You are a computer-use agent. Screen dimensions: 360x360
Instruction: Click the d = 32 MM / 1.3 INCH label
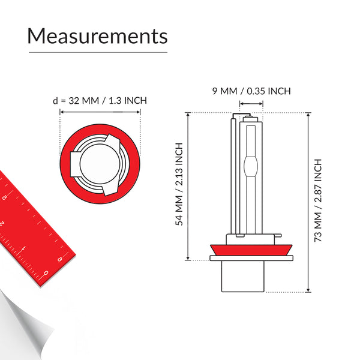click(100, 100)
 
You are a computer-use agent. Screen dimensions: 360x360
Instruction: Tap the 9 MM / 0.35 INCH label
click(251, 91)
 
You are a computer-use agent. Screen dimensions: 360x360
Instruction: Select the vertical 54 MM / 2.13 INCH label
click(178, 184)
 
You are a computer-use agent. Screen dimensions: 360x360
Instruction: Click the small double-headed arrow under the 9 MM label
click(251, 103)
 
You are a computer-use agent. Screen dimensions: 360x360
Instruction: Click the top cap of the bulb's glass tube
click(251, 119)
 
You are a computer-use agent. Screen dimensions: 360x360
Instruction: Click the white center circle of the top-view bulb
click(100, 162)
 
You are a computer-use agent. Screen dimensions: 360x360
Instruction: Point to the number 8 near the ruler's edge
click(60, 259)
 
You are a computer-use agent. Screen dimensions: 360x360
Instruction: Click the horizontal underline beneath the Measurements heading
click(97, 53)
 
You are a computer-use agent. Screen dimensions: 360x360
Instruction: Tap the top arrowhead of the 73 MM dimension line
click(308, 115)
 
